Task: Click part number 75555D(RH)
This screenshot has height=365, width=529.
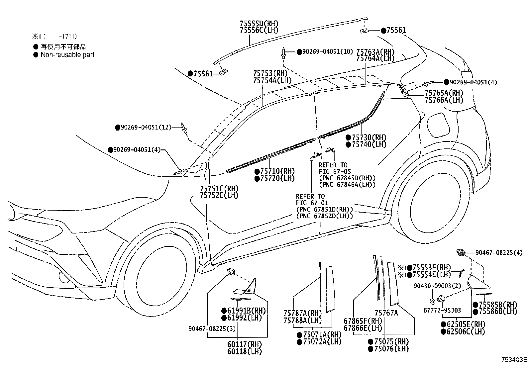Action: click(259, 23)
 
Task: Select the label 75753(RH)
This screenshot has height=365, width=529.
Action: click(270, 73)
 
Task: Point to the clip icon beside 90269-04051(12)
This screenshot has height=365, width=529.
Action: click(184, 128)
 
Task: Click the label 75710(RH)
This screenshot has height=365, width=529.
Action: click(277, 171)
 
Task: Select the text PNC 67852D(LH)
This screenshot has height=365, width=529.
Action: click(324, 216)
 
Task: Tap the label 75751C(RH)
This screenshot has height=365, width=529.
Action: click(219, 188)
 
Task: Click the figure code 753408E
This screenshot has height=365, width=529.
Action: click(514, 360)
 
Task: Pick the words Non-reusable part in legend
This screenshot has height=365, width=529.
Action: click(67, 55)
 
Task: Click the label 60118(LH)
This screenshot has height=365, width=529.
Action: click(245, 351)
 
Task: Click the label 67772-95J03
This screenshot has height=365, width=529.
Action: click(442, 310)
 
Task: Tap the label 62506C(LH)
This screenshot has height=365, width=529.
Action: click(466, 331)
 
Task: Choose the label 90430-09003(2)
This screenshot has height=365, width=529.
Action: click(433, 286)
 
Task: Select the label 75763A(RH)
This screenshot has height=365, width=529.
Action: click(375, 51)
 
